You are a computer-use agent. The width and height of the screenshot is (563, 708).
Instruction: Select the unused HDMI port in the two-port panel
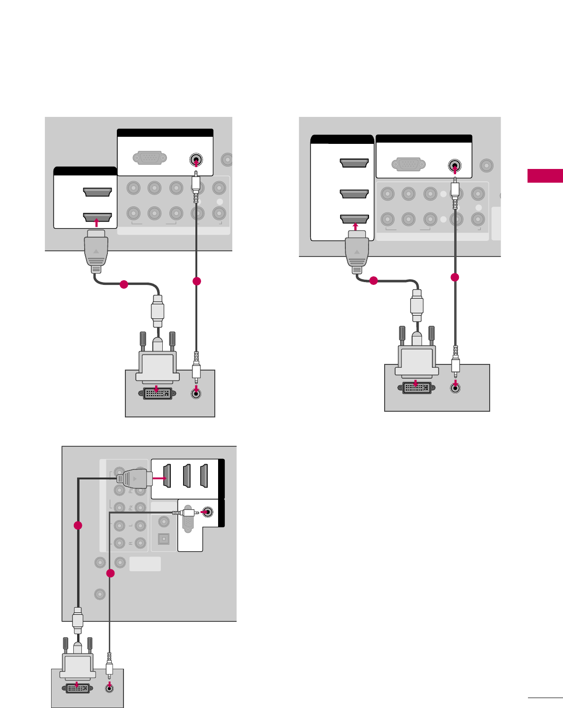coord(97,192)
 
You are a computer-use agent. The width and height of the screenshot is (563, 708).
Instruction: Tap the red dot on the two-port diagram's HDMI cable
coord(123,284)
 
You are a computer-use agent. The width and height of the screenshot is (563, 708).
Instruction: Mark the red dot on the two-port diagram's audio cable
coord(197,281)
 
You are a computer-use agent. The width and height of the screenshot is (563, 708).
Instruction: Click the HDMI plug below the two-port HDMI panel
coord(96,251)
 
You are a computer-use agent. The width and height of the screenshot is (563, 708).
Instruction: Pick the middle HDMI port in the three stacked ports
coord(354,194)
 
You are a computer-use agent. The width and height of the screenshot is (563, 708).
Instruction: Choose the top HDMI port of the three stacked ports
coord(354,163)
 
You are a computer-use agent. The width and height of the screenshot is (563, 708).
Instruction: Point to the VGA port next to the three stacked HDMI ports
coord(408,165)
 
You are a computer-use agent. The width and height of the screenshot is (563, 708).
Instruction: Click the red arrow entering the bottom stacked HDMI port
coord(354,227)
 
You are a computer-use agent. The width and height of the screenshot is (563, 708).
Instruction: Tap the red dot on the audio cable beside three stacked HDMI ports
coord(455,277)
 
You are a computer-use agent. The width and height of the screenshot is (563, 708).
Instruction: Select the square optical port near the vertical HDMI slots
coord(164,539)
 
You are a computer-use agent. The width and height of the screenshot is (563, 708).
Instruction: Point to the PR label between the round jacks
coord(131,508)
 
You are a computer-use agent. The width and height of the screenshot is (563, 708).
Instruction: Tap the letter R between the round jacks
coord(131,543)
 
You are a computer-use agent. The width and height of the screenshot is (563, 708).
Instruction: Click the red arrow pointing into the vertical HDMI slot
coord(160,478)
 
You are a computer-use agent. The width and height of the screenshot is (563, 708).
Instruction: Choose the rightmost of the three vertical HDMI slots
coord(204,476)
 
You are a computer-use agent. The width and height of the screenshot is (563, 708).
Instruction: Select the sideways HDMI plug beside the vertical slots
coord(135,479)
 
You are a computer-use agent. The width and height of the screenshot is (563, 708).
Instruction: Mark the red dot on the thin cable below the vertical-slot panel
coord(110,574)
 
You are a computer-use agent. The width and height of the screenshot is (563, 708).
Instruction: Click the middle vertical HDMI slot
coord(186,476)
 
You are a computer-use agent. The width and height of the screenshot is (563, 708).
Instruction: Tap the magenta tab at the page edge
coord(545,176)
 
